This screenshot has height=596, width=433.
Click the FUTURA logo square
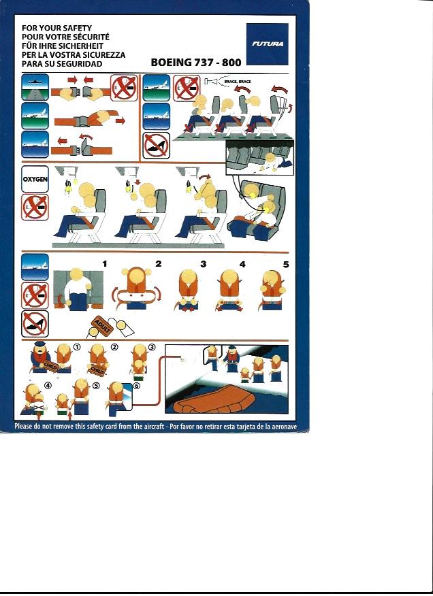click(267, 44)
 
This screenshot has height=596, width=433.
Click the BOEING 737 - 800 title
click(196, 63)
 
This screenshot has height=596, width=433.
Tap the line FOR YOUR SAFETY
click(57, 28)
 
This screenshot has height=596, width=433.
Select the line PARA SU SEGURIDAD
click(62, 64)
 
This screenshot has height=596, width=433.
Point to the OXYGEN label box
click(35, 179)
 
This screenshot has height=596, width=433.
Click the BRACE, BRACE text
click(238, 82)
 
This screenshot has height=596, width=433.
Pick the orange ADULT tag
click(102, 327)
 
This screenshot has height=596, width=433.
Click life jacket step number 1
click(105, 264)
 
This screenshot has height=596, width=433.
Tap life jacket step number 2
click(158, 263)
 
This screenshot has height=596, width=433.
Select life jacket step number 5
click(286, 264)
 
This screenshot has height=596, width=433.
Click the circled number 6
click(137, 386)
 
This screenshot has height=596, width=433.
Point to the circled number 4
click(48, 385)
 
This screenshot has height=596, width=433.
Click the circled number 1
click(77, 347)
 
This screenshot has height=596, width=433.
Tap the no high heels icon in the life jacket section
click(35, 324)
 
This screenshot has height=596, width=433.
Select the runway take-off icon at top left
click(35, 87)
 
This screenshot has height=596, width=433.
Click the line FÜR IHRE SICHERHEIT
click(63, 46)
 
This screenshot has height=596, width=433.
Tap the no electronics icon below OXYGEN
click(35, 207)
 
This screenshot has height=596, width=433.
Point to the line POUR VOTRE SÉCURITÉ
click(65, 37)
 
